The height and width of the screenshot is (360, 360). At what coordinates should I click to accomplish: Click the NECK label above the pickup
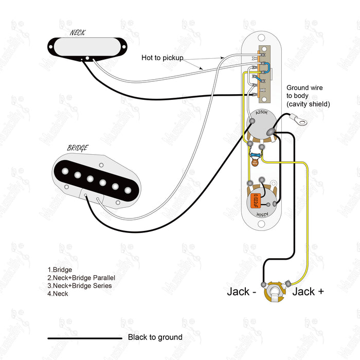click(x=78, y=32)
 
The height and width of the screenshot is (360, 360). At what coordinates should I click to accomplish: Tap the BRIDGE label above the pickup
click(x=78, y=148)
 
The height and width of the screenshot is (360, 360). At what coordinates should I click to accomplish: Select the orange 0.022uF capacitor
click(x=255, y=201)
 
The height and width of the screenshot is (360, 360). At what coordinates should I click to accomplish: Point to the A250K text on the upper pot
click(x=262, y=113)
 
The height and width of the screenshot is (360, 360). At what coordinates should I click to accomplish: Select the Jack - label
click(x=242, y=292)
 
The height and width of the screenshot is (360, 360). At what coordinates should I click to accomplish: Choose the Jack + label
click(x=308, y=292)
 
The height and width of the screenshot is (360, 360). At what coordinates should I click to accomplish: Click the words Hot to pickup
click(x=163, y=58)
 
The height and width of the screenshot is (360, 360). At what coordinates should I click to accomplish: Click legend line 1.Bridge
click(x=60, y=269)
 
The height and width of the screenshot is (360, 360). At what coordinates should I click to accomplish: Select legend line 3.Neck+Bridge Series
click(x=79, y=285)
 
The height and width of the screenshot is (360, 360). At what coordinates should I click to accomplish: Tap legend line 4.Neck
click(x=58, y=294)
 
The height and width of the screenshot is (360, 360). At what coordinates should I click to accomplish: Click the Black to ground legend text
click(x=155, y=337)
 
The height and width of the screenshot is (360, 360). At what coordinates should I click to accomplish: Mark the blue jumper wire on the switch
click(x=266, y=67)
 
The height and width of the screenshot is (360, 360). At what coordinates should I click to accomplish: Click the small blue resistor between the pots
click(x=255, y=155)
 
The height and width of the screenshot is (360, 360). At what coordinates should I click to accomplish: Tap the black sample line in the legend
click(x=84, y=338)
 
